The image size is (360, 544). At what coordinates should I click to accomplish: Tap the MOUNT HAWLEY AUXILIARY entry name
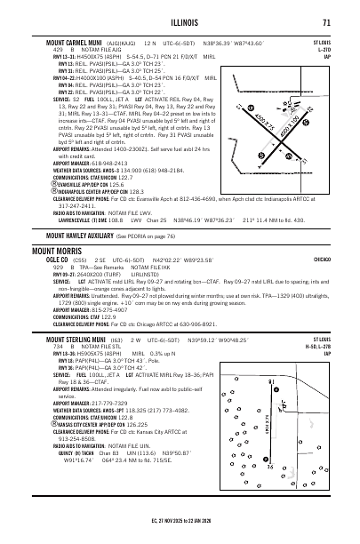(x=77, y=236)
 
